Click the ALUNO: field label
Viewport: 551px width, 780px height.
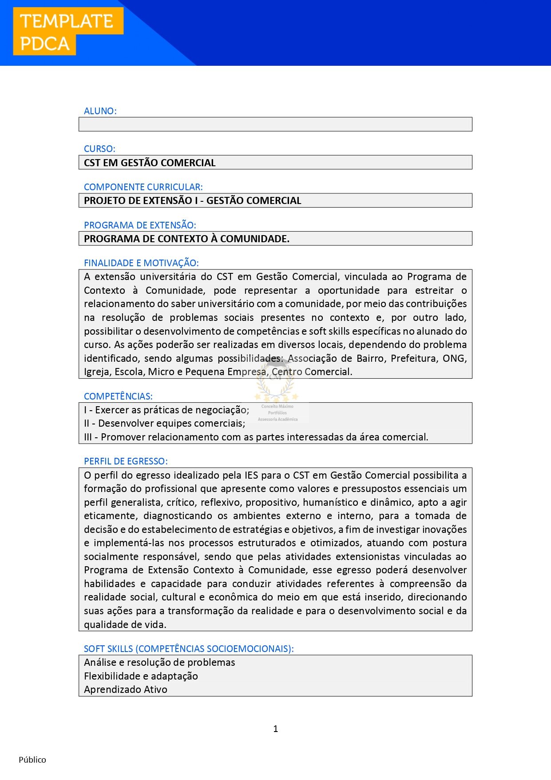pos(100,111)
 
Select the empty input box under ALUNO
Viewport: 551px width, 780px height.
pos(275,124)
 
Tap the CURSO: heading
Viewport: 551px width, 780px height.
pos(99,149)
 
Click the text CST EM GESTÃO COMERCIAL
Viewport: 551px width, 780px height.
pos(150,163)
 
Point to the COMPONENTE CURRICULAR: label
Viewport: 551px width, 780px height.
pos(143,187)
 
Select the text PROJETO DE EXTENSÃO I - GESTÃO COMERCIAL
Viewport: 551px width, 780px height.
pos(192,200)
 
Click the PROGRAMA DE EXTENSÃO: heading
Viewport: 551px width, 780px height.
pos(140,225)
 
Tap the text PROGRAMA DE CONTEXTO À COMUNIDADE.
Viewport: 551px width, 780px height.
pos(186,239)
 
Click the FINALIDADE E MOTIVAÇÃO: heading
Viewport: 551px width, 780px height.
pos(141,263)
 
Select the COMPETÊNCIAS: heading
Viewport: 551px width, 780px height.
pos(118,396)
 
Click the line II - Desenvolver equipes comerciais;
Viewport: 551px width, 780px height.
pos(164,424)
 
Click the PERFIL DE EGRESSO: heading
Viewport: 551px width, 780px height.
pos(126,461)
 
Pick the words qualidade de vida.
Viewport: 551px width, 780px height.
pos(125,624)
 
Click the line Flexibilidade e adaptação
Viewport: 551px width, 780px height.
pos(141,676)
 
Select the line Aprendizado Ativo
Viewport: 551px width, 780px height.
pos(126,689)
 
